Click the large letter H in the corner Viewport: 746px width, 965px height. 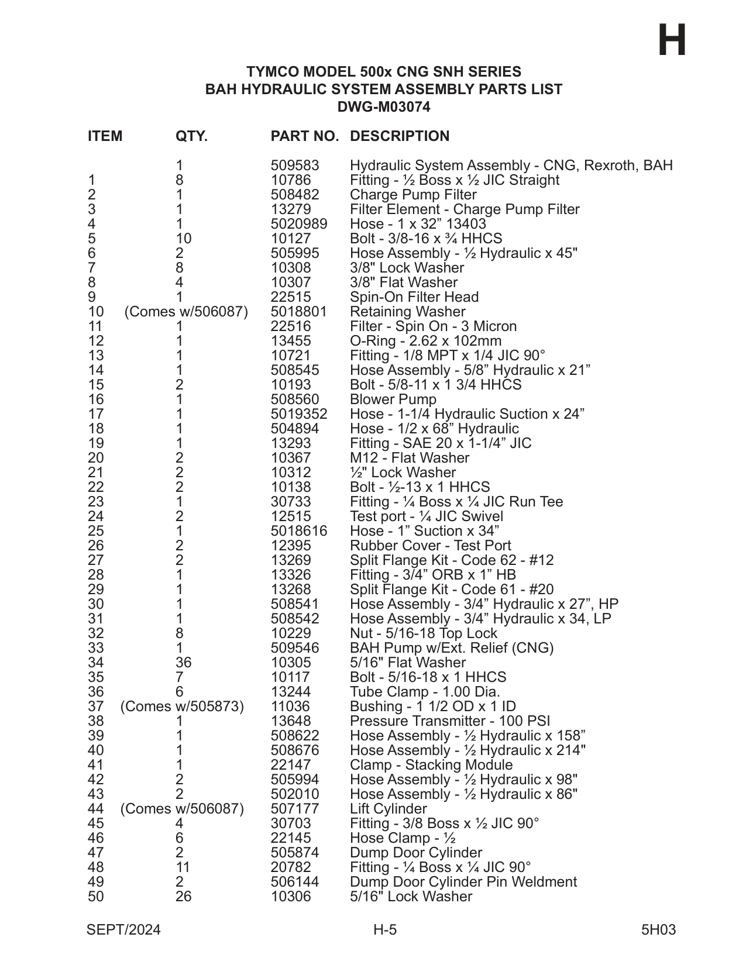(x=672, y=41)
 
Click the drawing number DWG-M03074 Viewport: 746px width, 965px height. (x=383, y=107)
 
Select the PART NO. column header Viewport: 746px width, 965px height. (x=304, y=136)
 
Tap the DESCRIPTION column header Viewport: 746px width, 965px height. (x=400, y=136)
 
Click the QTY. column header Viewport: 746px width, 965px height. (x=191, y=136)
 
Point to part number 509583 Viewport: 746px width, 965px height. (x=295, y=166)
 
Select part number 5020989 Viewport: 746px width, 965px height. (x=299, y=224)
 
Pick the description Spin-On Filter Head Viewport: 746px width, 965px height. (x=414, y=297)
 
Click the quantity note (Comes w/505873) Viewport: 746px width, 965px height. (x=182, y=706)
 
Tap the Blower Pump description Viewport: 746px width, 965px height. (x=393, y=399)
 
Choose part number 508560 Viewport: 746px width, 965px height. (x=295, y=399)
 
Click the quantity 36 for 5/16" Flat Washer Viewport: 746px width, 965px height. (x=183, y=663)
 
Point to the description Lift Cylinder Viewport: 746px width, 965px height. (x=389, y=809)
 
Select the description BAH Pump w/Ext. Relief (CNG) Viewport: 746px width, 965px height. (x=452, y=648)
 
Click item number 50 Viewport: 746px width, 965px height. (x=96, y=897)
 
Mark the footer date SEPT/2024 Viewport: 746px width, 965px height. (x=123, y=930)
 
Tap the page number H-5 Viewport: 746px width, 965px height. (x=385, y=930)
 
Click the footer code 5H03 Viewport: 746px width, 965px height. (x=658, y=930)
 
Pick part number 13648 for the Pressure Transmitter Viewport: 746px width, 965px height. (x=291, y=721)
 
